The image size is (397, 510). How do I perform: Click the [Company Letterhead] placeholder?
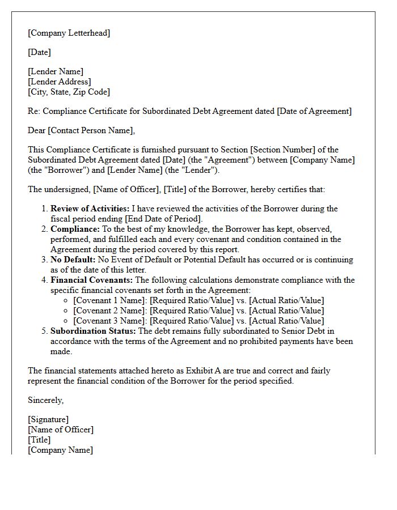click(69, 33)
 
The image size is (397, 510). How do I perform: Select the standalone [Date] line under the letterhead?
click(39, 52)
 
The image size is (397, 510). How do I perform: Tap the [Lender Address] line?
click(59, 82)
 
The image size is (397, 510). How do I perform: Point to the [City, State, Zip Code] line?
click(69, 92)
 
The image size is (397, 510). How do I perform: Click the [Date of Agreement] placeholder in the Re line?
click(314, 111)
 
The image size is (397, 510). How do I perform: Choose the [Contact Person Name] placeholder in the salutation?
click(91, 130)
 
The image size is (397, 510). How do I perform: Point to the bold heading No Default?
click(73, 260)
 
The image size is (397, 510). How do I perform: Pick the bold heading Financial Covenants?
click(90, 280)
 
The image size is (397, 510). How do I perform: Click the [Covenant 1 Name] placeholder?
click(109, 301)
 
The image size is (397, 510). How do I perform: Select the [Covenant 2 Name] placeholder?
click(109, 311)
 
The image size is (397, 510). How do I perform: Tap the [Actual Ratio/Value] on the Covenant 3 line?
click(286, 321)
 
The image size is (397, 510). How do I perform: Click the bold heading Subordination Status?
click(93, 331)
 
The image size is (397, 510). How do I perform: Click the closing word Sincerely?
click(45, 400)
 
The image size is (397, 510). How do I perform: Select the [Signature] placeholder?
click(48, 420)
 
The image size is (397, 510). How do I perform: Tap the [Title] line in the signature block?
click(39, 440)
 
